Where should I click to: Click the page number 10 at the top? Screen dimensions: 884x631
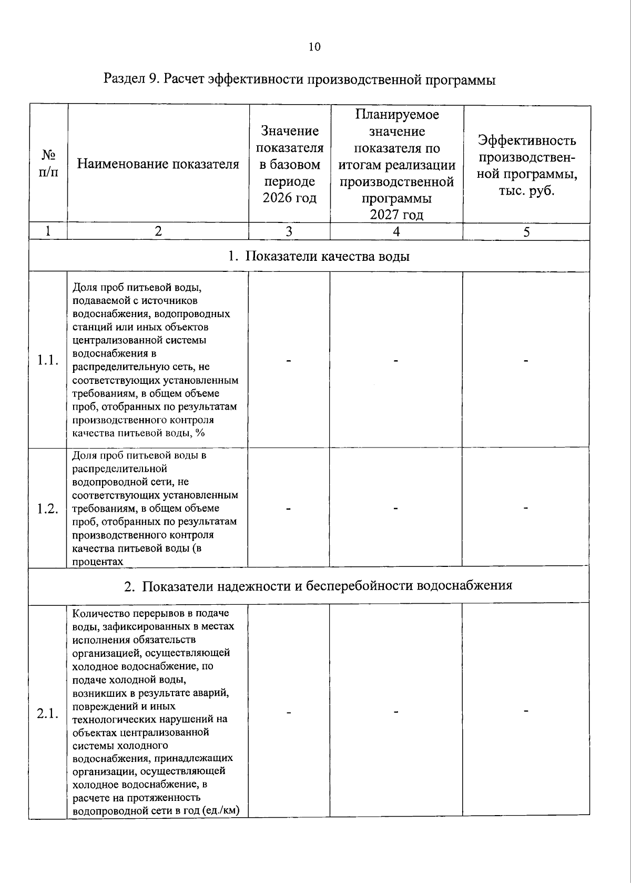coord(314,47)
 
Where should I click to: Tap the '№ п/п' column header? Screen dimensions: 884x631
coord(48,164)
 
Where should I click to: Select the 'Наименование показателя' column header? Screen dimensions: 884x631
coord(158,164)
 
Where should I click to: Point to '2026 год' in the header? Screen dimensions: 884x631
coord(290,198)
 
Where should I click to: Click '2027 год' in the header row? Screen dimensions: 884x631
coord(396,215)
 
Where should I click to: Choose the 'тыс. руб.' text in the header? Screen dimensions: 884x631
coord(526,190)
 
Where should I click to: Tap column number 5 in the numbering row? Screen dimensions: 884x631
coord(526,232)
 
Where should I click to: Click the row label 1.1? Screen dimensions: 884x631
coord(47,360)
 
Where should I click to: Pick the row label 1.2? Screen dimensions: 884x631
coord(47,508)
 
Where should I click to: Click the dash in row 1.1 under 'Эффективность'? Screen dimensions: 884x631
coord(525,361)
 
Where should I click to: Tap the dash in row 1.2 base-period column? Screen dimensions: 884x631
coord(289,509)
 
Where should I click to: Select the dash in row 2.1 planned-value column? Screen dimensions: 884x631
coord(396,712)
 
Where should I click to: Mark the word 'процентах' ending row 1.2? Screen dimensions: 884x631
coord(98,562)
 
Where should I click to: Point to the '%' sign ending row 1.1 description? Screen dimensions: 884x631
coord(200,433)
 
